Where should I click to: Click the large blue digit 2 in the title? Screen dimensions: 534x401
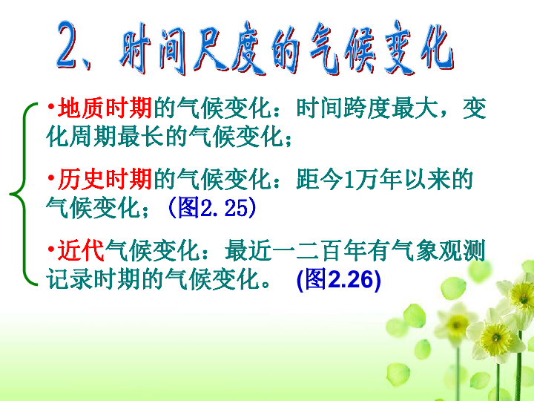[72, 45]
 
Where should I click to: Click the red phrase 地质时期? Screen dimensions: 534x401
[105, 108]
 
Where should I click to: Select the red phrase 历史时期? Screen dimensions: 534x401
[105, 179]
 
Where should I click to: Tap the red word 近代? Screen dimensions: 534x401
[81, 250]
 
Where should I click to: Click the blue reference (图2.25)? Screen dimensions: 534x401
[212, 207]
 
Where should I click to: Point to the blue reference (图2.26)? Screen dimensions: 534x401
[339, 279]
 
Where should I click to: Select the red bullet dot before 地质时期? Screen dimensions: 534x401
[51, 107]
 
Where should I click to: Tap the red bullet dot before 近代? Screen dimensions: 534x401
[51, 249]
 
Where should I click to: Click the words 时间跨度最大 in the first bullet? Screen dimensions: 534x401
[367, 108]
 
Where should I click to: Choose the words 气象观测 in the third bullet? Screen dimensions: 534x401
[438, 250]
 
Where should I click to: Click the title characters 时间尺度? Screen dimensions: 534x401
[192, 48]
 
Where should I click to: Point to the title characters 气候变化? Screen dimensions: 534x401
[381, 48]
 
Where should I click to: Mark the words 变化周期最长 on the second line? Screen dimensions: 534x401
[116, 137]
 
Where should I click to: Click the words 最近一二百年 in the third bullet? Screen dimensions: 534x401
[296, 250]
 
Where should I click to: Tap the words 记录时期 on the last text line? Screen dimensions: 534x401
[93, 279]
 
